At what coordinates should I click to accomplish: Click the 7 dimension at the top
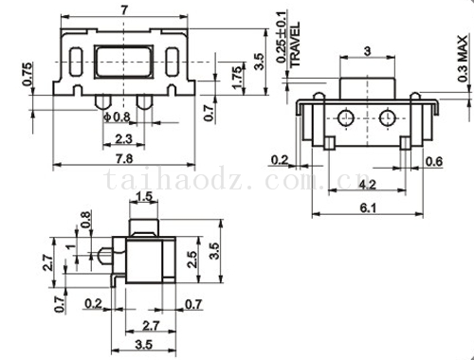pos(124,10)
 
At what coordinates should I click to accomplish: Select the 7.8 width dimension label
pos(124,159)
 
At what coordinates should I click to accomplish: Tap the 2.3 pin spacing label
pos(123,138)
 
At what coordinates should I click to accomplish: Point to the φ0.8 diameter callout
pos(117,117)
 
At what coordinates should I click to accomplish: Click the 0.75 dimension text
pos(27,75)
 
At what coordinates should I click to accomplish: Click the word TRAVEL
pos(295,45)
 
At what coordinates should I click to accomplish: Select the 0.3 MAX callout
pos(463,59)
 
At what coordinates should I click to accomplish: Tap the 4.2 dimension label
pos(367,184)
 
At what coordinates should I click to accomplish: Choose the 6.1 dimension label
pos(368,208)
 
